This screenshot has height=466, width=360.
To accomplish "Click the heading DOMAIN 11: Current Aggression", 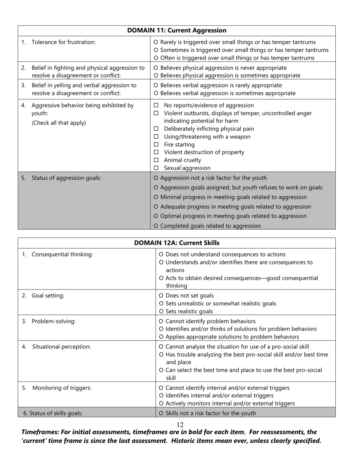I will point(177,31).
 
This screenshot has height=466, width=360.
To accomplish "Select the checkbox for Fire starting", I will point(156,145).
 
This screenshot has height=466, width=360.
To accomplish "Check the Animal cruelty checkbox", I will point(156,160).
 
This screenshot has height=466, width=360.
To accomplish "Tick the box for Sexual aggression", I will point(156,168).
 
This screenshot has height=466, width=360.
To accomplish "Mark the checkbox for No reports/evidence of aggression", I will point(156,105).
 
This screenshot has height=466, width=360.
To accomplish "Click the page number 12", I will point(180,425).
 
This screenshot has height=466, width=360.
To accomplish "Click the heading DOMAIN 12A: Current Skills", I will point(177,243).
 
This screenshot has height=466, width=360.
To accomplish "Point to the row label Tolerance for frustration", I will point(63,42).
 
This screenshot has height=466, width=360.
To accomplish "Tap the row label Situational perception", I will point(61,347).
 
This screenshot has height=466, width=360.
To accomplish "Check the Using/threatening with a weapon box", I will point(156,137).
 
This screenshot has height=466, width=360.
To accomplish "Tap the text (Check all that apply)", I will point(59,123).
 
